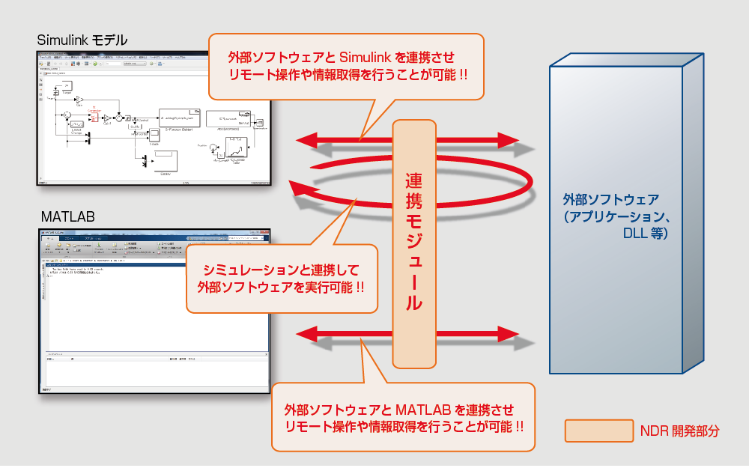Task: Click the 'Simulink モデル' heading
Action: click(x=82, y=39)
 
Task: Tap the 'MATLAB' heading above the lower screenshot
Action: click(x=68, y=217)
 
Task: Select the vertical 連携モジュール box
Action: click(x=414, y=243)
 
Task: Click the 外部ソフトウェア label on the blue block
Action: click(x=610, y=200)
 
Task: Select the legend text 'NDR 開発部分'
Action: click(x=679, y=431)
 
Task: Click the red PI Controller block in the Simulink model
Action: click(x=94, y=116)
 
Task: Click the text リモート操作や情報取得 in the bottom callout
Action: click(x=345, y=426)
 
